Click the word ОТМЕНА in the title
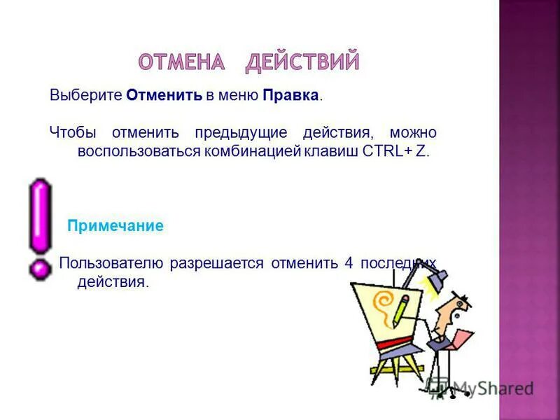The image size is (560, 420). tap(181, 62)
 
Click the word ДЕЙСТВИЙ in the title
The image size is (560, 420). tap(302, 62)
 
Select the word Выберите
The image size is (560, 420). tap(86, 95)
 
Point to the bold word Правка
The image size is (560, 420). tap(291, 95)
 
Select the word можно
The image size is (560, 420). tap(414, 132)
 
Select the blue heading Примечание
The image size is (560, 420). tap(115, 226)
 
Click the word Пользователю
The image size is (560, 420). tap(112, 263)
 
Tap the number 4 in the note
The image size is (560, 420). tap(349, 263)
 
